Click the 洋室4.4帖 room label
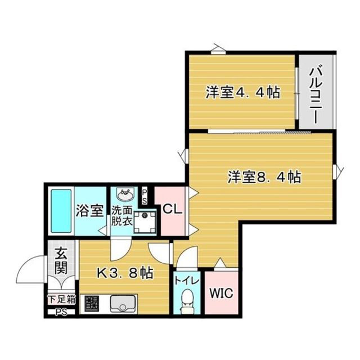click(x=242, y=92)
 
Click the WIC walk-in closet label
click(x=221, y=293)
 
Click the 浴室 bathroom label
click(x=89, y=211)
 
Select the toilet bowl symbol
click(x=185, y=300)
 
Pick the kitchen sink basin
click(x=121, y=305)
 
